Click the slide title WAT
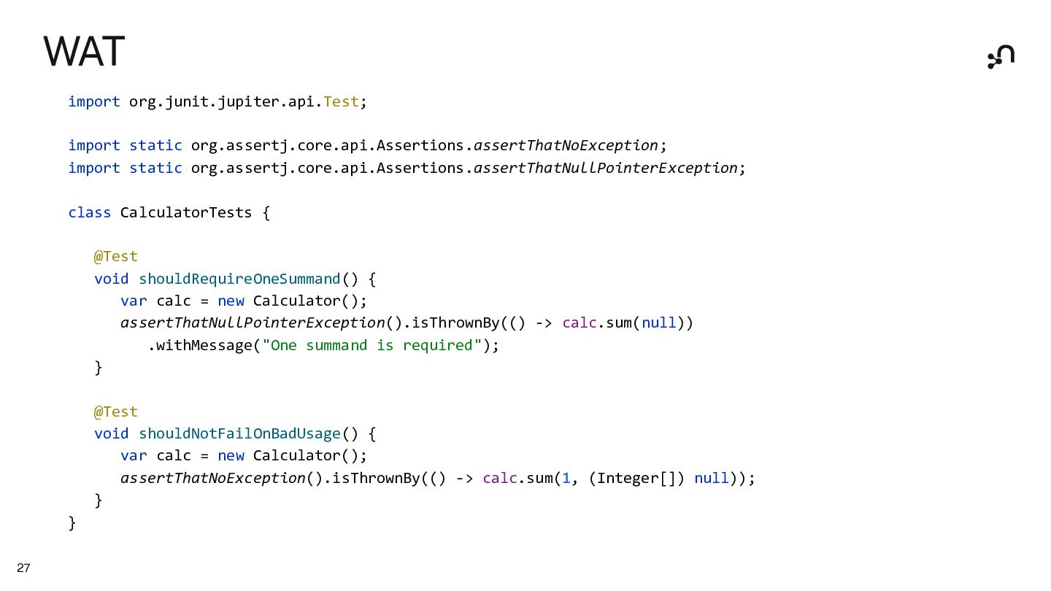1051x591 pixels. (84, 52)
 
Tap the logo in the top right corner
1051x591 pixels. (1001, 57)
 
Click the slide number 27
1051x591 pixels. (23, 568)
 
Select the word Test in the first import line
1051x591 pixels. (341, 101)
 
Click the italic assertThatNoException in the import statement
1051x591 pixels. (566, 145)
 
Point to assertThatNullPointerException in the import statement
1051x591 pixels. (605, 168)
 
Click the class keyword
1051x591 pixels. (89, 212)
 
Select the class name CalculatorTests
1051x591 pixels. (185, 212)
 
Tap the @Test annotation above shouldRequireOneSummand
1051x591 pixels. (115, 256)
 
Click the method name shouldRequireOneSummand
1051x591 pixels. (239, 279)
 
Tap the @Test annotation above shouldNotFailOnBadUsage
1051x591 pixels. (115, 412)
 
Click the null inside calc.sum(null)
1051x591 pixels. (658, 322)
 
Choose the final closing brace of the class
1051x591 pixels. (72, 522)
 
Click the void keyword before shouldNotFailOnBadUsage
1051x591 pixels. (111, 433)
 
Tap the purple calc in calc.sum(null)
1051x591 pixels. (579, 322)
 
